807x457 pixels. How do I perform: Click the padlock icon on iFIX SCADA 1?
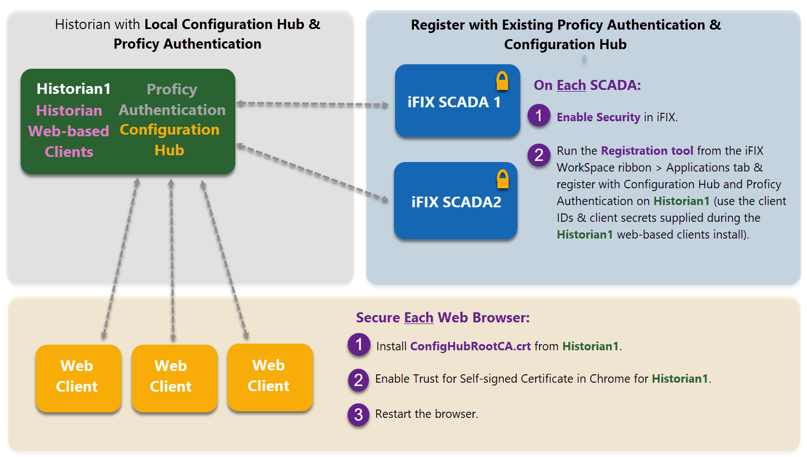502,80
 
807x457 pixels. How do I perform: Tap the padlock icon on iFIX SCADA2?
502,179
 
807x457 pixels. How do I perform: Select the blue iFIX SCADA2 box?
455,201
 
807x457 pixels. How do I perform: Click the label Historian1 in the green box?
74,89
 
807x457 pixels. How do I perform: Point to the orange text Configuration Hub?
169,140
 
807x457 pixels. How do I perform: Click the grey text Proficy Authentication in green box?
172,99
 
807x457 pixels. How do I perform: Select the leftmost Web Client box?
78,378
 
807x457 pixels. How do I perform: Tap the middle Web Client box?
174,378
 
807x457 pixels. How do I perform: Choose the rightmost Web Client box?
270,377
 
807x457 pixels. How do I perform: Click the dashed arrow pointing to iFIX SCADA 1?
312,104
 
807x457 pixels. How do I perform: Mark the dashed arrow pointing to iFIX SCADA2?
312,173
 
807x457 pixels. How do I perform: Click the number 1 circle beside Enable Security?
539,116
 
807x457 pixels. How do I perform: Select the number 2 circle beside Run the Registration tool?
539,155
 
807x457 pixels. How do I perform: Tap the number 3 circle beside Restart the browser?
358,415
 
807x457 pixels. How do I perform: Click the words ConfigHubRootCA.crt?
470,346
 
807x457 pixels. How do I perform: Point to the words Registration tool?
647,150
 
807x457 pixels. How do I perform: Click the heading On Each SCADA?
587,85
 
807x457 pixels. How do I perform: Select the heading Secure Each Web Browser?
443,318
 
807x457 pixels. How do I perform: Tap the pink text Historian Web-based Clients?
69,131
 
